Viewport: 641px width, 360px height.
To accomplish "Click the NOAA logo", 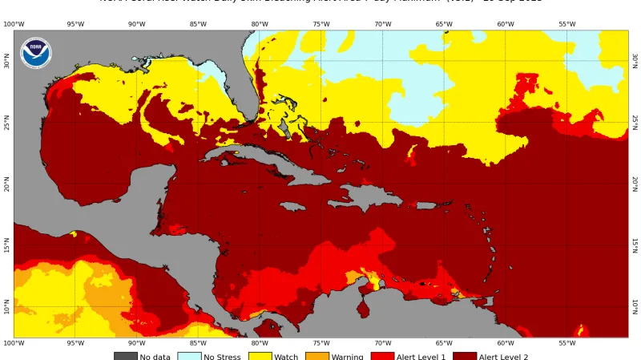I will coord(35,53).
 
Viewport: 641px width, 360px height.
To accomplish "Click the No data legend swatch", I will coord(125,356).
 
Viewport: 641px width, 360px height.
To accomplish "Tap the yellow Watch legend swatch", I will coord(260,356).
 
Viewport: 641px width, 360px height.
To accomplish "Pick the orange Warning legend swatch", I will coord(316,356).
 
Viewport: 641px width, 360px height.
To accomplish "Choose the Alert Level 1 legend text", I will coord(421,357).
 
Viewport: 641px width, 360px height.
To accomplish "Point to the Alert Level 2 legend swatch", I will coord(465,356).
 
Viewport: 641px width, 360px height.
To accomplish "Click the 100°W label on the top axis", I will coord(14,24).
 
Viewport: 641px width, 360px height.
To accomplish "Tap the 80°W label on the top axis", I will coord(260,24).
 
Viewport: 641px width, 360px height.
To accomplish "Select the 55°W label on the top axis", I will coord(566,24).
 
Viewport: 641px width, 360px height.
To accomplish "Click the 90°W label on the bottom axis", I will coord(136,344).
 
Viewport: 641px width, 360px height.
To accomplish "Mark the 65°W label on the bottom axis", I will coord(444,344).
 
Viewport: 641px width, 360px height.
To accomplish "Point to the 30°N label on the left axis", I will coord(7,62).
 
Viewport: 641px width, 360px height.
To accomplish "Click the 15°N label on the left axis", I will coord(7,245).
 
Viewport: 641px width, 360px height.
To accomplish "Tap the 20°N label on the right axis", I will coord(635,184).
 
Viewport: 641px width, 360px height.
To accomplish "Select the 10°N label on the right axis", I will coord(635,307).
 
